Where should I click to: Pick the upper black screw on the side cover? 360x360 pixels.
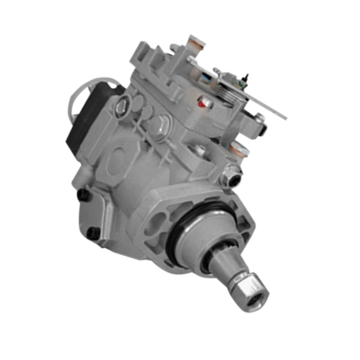pyautogui.click(x=83, y=195)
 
